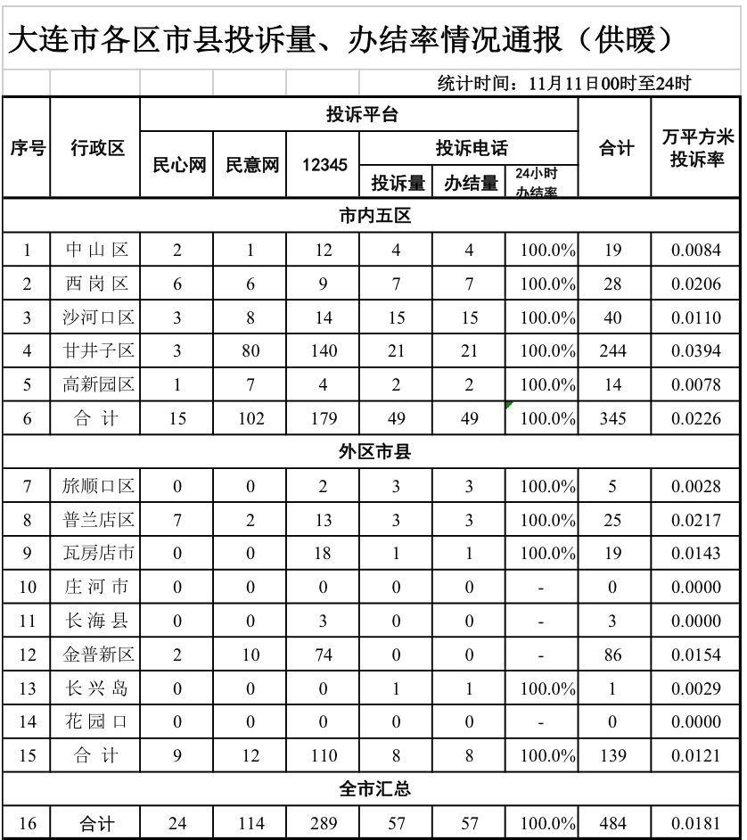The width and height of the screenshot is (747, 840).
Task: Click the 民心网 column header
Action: tap(176, 165)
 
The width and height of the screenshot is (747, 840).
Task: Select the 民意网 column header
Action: tap(250, 165)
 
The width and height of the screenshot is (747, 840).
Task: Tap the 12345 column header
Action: tap(323, 165)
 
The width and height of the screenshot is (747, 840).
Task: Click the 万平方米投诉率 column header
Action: tap(696, 148)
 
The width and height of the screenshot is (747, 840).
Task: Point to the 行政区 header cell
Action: tap(97, 148)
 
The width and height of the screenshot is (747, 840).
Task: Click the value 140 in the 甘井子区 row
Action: tap(323, 351)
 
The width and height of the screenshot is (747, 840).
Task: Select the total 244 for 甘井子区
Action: tap(612, 351)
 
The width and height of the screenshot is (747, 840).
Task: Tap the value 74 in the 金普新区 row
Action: tap(323, 655)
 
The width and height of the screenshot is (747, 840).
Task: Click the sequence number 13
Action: tap(27, 689)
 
